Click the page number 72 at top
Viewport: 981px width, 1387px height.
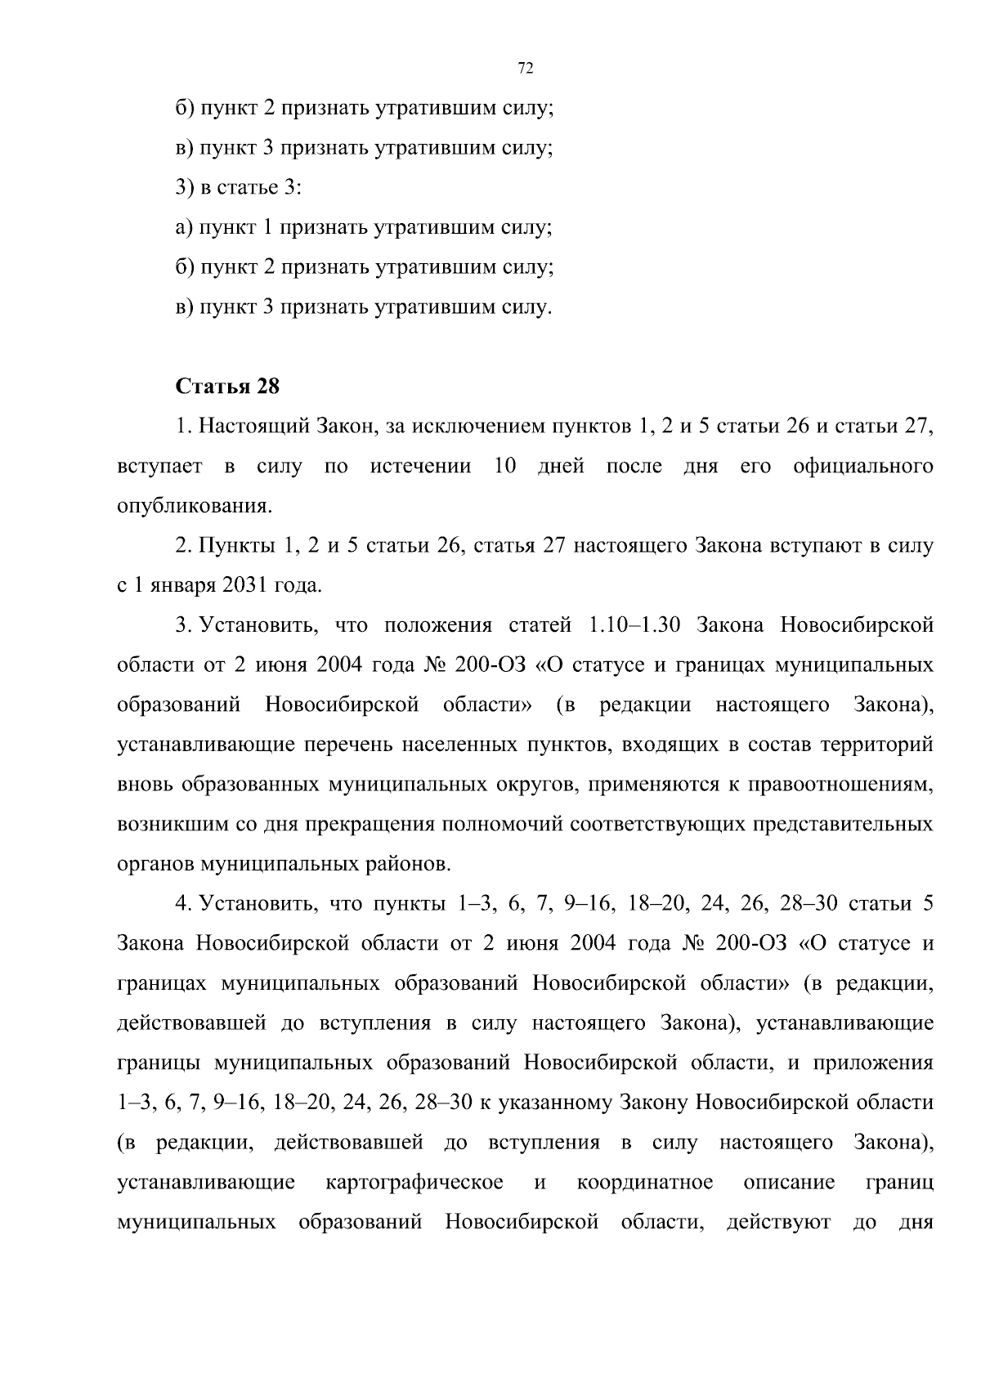pyautogui.click(x=526, y=69)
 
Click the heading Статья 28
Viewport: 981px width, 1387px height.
pyautogui.click(x=227, y=387)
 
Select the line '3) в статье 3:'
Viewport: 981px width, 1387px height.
pyautogui.click(x=239, y=188)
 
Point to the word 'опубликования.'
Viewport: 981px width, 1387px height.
pyautogui.click(x=194, y=507)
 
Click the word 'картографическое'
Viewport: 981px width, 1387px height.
pyautogui.click(x=414, y=1183)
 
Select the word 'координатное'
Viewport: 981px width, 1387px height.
pyautogui.click(x=644, y=1183)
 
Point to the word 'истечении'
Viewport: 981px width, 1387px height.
pyautogui.click(x=420, y=467)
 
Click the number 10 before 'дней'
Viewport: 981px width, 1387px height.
pyautogui.click(x=505, y=467)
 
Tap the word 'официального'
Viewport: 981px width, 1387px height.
pyautogui.click(x=862, y=467)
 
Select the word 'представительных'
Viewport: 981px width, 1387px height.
pyautogui.click(x=848, y=825)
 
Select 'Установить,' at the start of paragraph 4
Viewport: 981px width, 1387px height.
pyautogui.click(x=253, y=904)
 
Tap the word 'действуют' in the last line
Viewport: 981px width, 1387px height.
pyautogui.click(x=778, y=1223)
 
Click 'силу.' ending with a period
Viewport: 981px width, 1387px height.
pyautogui.click(x=527, y=308)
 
